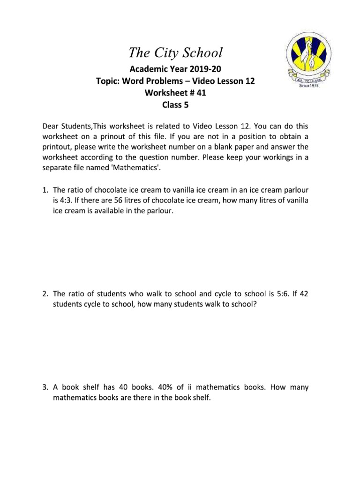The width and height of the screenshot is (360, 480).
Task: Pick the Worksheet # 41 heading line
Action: (175, 93)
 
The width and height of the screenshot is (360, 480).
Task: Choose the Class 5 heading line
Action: (175, 105)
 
